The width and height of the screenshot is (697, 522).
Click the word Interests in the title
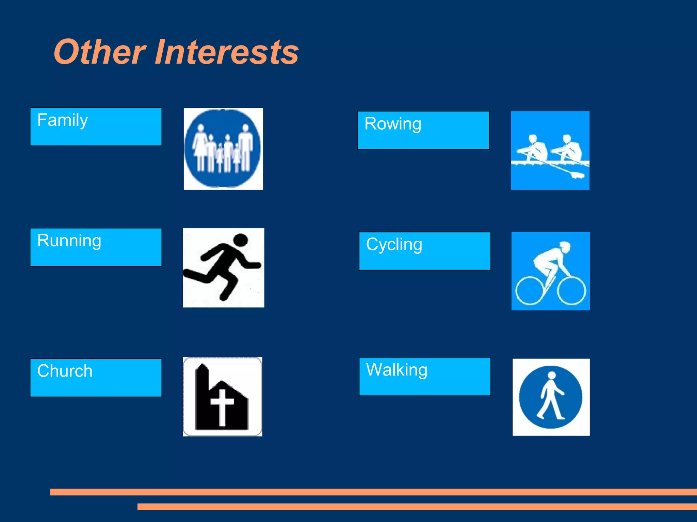(x=227, y=52)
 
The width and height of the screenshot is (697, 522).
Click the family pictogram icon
(x=223, y=149)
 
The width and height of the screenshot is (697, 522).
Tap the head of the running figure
(x=241, y=240)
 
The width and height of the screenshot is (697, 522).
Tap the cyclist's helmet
(x=565, y=246)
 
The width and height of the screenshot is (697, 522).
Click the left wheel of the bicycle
(x=530, y=291)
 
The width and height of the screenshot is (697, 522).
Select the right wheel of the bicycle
(x=571, y=291)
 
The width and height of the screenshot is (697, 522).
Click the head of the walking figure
(x=552, y=375)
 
